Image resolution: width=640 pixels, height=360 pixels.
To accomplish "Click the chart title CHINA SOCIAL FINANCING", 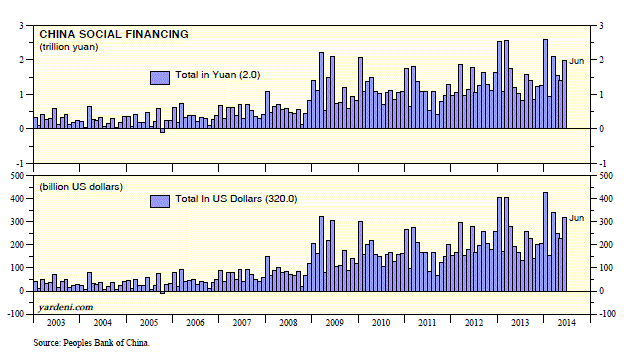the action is [x=114, y=34].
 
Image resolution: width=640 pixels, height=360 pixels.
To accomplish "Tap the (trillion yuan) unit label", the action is [x=69, y=47].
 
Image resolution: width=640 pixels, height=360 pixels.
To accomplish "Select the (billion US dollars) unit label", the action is [x=81, y=187].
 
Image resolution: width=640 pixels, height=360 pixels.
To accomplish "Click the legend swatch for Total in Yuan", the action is [x=160, y=78].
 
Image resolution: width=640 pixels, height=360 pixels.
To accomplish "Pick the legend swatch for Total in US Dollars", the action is [x=160, y=201].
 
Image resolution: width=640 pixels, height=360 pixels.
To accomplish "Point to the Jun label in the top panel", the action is [x=576, y=61].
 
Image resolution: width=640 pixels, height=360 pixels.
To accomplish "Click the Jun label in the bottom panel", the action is [x=576, y=218].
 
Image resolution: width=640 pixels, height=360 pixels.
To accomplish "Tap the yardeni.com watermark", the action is [x=66, y=307].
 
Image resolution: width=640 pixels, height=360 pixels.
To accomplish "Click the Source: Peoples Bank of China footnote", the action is [x=91, y=343].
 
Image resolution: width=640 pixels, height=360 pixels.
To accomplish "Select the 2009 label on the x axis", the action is [x=334, y=323].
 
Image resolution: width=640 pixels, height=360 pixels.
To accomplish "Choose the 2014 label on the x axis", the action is [x=567, y=323].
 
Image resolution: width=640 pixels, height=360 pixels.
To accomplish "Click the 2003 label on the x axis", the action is [x=56, y=323].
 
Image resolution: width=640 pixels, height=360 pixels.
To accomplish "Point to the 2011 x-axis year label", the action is [x=427, y=323].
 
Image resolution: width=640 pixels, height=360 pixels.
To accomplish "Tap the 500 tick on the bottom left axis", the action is [x=18, y=176].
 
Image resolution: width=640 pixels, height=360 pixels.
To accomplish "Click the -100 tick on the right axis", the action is [x=607, y=314].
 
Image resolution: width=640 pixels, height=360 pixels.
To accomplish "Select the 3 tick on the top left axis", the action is [x=21, y=26].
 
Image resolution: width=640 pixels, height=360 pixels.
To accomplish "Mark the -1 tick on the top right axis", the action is [x=602, y=164].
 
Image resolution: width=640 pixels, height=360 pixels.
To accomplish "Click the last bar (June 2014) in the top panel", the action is [x=564, y=94].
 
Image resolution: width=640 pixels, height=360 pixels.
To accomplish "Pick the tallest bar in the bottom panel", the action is [x=545, y=242].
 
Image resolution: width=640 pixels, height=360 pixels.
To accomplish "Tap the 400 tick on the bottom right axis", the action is [x=605, y=199].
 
